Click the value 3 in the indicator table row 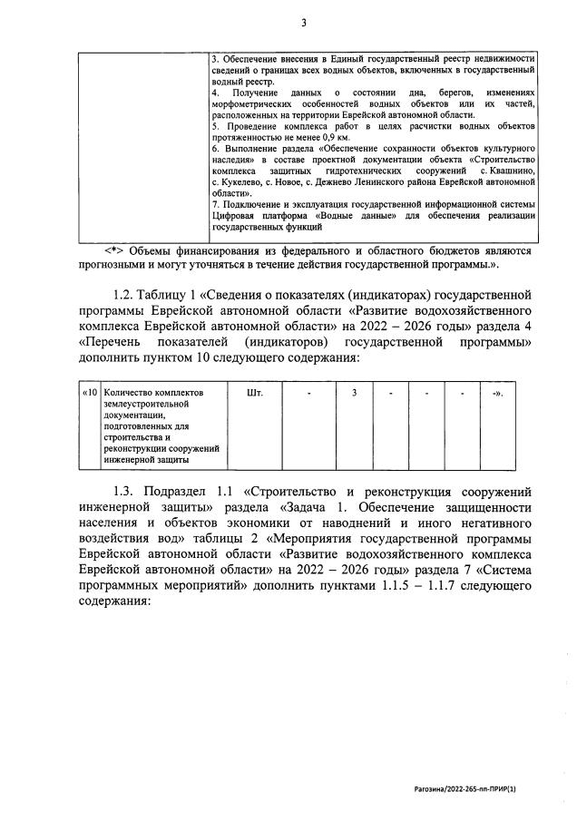pyautogui.click(x=355, y=393)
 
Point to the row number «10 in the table pyautogui.click(x=90, y=393)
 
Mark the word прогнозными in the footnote pyautogui.click(x=113, y=265)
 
